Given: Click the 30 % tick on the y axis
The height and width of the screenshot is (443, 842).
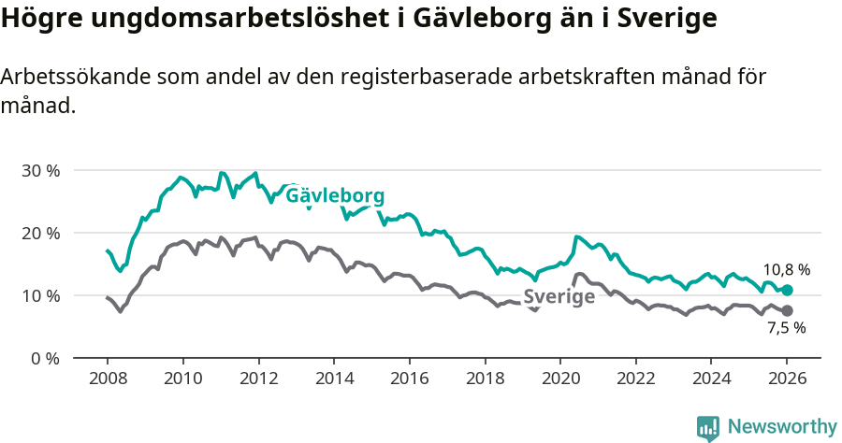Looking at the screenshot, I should (x=40, y=170).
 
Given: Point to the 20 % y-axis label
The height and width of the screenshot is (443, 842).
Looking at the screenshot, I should (x=40, y=233).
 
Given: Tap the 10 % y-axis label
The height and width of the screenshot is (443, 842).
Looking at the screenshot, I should (x=40, y=295).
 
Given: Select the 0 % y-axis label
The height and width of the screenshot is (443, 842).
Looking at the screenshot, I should (x=44, y=358).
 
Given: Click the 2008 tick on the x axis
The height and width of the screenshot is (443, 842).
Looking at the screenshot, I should (x=107, y=379).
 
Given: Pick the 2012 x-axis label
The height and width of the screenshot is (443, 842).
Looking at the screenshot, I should (x=258, y=379).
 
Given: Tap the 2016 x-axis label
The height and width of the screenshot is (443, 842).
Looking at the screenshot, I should (x=409, y=379).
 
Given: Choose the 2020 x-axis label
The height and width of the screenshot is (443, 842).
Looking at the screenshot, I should (x=559, y=379).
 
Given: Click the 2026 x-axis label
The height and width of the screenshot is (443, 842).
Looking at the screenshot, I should (x=786, y=379).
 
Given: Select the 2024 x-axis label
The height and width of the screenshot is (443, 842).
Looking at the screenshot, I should (x=710, y=379).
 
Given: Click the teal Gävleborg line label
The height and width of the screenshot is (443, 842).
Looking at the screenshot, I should (x=335, y=196).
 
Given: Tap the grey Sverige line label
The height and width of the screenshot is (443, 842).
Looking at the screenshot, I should (x=559, y=297).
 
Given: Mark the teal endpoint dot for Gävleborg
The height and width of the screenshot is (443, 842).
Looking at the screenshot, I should (x=787, y=290).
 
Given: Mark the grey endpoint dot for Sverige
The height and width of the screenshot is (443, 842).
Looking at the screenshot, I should (x=787, y=310).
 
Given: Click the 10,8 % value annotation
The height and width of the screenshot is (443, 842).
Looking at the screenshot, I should (x=786, y=269).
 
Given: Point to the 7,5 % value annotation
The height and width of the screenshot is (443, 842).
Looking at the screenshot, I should (x=786, y=328).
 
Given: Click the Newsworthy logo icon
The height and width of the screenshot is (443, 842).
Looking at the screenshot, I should (x=708, y=428).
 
